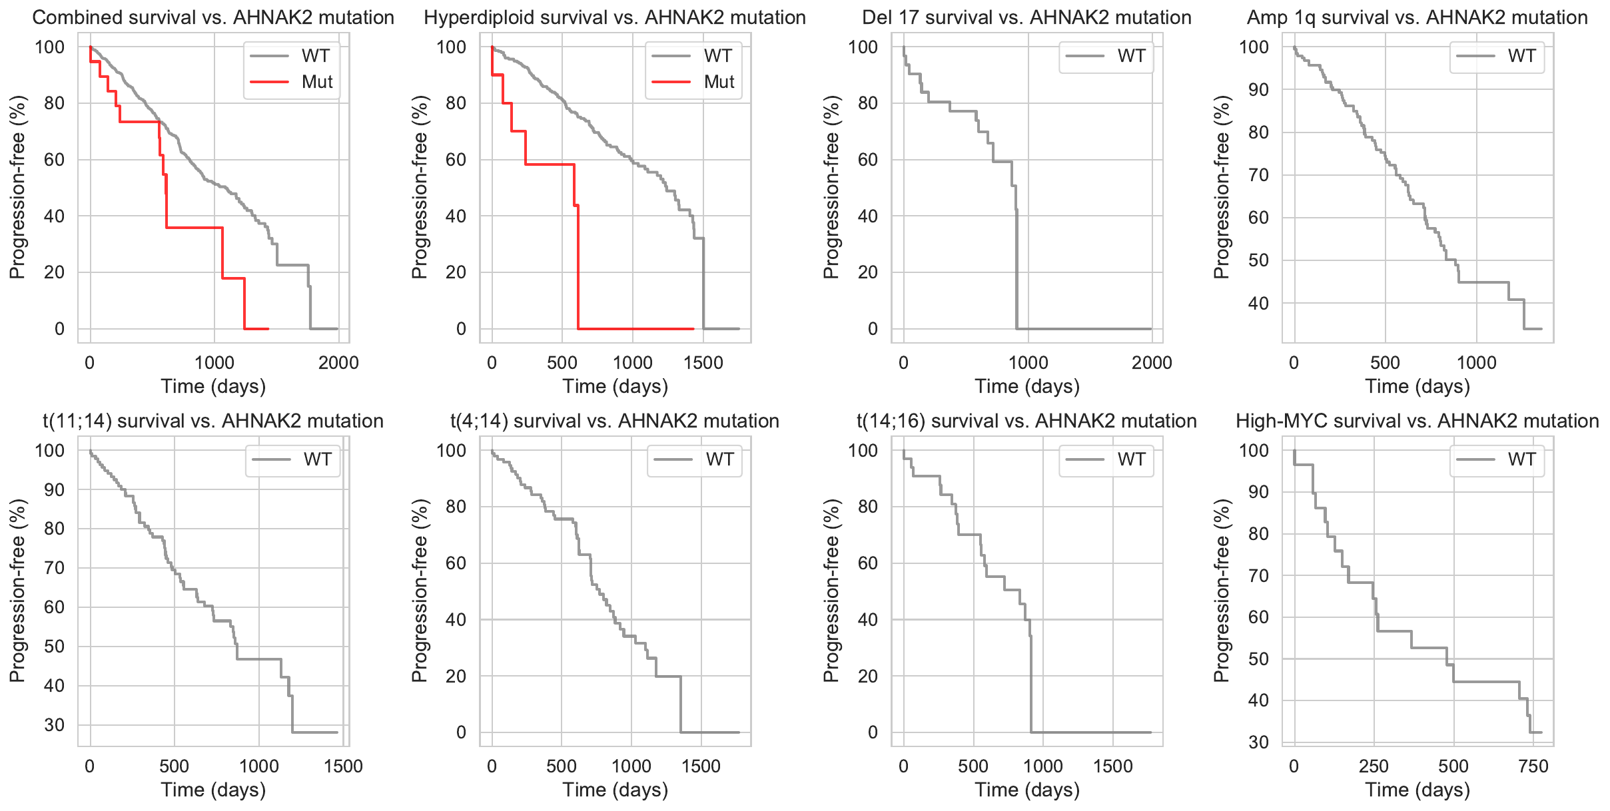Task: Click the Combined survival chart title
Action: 213,17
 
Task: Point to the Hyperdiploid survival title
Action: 615,17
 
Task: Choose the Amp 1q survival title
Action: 1417,17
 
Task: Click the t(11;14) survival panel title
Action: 213,421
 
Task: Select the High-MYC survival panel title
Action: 1417,421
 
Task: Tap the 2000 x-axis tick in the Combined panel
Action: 338,363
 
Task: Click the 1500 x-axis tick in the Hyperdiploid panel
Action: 703,363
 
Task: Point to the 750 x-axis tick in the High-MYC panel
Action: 1533,766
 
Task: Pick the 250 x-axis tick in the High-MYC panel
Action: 1374,766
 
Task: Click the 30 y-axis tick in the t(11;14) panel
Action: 55,725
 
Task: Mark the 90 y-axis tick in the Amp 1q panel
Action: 1258,90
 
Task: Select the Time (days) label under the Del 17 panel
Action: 1027,387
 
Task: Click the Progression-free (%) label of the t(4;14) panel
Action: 419,591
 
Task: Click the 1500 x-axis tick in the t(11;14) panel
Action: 343,766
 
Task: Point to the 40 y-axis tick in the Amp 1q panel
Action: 1258,304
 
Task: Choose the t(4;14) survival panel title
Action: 615,421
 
